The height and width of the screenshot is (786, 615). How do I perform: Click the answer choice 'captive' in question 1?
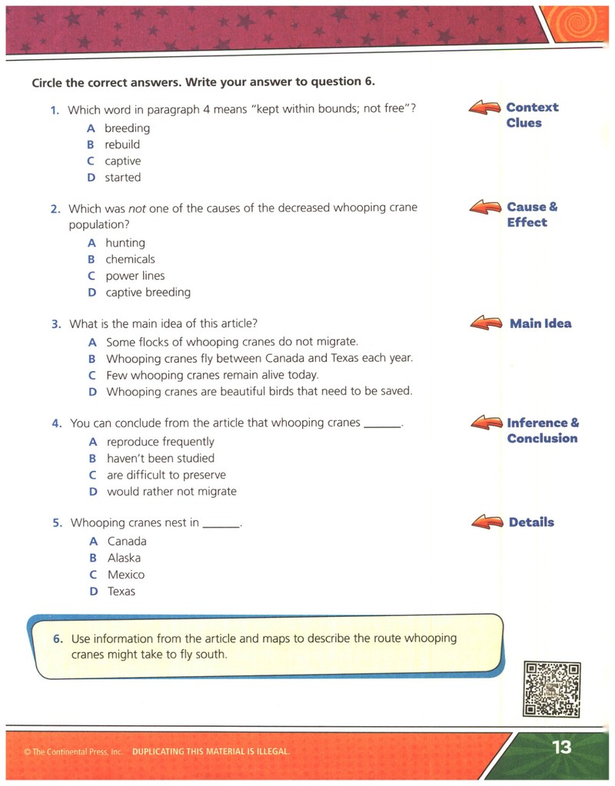[122, 161]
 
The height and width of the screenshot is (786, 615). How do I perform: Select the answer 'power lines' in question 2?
[135, 276]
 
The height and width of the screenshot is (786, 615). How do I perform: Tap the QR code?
[552, 689]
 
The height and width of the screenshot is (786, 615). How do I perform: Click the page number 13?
[562, 747]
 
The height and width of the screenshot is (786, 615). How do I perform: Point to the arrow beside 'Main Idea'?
[486, 323]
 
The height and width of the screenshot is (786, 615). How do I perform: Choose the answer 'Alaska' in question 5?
[124, 558]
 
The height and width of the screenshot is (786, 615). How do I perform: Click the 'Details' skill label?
[531, 522]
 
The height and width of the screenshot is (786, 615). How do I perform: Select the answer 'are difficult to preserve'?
[166, 475]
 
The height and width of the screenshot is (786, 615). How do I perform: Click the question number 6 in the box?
[58, 638]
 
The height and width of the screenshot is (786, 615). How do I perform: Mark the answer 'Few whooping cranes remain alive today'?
[212, 375]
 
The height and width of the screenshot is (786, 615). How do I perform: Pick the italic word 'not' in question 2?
[137, 208]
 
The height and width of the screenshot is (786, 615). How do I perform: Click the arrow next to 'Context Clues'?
[484, 108]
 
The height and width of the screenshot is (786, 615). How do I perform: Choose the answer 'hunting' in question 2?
[125, 243]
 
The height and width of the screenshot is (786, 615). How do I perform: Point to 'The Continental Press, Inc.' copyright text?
[73, 751]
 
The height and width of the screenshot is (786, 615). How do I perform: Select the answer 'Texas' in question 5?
[121, 591]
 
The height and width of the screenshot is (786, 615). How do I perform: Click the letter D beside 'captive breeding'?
[91, 292]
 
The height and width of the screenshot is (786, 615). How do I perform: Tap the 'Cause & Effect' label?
[532, 214]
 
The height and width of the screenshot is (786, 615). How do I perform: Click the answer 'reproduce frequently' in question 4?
[161, 442]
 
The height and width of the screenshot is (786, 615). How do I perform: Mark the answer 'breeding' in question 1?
[127, 128]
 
